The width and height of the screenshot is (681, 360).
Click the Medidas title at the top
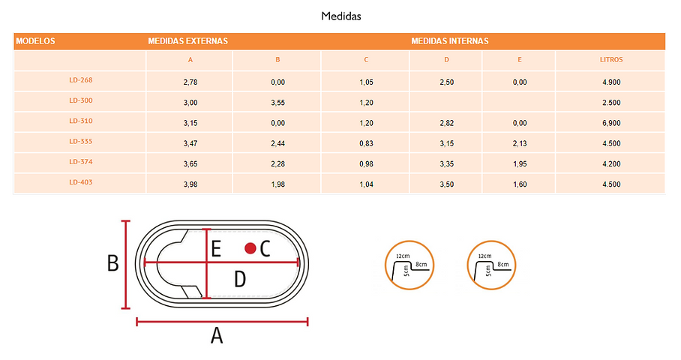tap(341, 16)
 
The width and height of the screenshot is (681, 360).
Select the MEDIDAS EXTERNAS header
tap(187, 41)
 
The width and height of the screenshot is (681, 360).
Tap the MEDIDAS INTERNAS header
tap(450, 41)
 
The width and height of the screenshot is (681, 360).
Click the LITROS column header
tap(611, 60)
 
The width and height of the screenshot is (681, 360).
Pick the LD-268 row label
tap(81, 80)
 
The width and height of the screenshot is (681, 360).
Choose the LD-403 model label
tap(81, 182)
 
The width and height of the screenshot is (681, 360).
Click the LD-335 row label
tap(81, 141)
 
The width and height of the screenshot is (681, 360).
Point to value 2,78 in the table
tap(190, 82)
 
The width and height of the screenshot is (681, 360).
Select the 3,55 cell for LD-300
tap(278, 103)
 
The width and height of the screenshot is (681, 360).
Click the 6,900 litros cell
tap(611, 123)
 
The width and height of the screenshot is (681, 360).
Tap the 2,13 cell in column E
tap(520, 143)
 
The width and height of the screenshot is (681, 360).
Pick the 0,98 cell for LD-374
tap(366, 163)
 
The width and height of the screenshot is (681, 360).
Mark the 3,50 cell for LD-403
tap(446, 184)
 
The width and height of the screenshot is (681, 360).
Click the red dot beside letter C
tap(250, 248)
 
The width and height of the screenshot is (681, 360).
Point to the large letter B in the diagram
tap(113, 263)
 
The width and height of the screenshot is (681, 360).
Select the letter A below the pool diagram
tap(217, 336)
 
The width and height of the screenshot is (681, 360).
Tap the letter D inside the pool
tap(240, 279)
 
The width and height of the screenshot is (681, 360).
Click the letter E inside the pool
tap(216, 249)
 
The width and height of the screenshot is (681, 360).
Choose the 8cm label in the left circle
tap(421, 264)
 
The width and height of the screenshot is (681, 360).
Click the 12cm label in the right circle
tap(484, 256)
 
